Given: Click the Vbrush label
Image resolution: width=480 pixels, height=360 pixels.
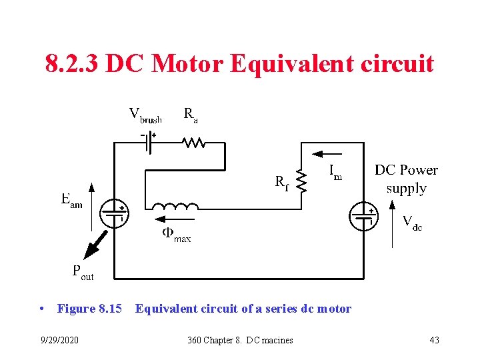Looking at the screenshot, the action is click(x=145, y=115).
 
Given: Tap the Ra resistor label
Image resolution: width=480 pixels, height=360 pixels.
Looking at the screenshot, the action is click(x=190, y=115).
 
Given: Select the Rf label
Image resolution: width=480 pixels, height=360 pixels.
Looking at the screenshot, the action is click(x=282, y=182).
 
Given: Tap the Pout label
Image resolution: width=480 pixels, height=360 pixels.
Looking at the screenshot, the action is click(x=82, y=272).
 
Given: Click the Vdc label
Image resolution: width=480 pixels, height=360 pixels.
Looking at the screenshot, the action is click(x=412, y=223).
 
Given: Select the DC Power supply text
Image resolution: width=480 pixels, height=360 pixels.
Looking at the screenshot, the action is click(x=406, y=179).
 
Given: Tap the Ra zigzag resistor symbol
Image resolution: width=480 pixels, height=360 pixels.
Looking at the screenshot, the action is click(x=193, y=142).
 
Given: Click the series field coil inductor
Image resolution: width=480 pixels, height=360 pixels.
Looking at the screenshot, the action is click(x=175, y=207).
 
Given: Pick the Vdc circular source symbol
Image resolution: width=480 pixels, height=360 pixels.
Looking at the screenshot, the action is click(x=363, y=215).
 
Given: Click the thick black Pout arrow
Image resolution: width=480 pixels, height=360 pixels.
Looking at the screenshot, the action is click(x=93, y=244).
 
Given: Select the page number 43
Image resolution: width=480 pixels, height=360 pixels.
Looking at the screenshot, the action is click(x=434, y=340).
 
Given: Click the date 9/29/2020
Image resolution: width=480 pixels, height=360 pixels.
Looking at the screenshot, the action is click(x=59, y=340).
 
